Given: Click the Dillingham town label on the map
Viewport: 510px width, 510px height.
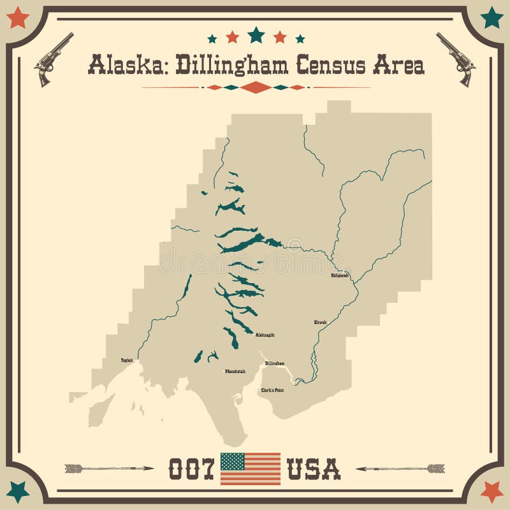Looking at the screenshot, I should (275, 363).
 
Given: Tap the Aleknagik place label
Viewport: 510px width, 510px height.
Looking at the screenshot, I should (265, 335).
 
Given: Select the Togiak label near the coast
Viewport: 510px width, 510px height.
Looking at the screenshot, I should (127, 360).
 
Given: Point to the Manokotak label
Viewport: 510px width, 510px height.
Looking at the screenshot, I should (235, 371).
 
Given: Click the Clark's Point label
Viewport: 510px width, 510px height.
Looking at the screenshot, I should (272, 390).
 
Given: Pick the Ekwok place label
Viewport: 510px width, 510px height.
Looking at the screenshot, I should (320, 322).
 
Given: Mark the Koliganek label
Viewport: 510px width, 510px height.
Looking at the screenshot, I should (340, 276).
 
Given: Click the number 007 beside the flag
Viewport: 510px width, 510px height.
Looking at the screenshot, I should (190, 469).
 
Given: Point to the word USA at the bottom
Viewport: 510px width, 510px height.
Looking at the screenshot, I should (314, 469).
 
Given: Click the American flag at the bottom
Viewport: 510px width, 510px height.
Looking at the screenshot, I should (251, 469).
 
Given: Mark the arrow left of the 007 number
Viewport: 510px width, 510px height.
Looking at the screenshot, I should (108, 469).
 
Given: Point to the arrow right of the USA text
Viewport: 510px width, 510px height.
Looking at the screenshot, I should (400, 469).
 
